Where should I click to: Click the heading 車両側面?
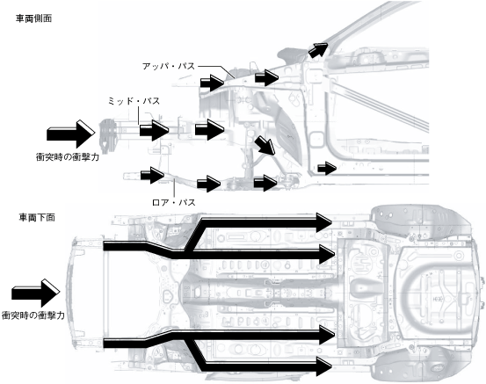[x=33, y=18]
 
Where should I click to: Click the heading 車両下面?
[x=37, y=218]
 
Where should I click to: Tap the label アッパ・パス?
[x=169, y=66]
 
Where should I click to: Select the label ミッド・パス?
[x=134, y=101]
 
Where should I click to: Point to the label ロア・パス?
[x=174, y=202]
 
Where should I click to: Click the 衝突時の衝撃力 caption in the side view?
[x=68, y=157]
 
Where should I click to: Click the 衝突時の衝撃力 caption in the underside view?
[x=33, y=315]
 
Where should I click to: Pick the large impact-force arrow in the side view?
[x=70, y=134]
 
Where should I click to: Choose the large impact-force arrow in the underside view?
[x=36, y=293]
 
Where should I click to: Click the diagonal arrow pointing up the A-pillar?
[x=318, y=49]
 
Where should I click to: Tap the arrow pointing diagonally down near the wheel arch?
[x=265, y=145]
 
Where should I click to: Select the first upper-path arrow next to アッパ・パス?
[x=212, y=83]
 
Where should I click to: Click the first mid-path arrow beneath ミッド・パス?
[x=154, y=130]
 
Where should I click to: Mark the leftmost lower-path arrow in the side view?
[x=152, y=175]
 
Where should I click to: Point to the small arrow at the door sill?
[x=327, y=169]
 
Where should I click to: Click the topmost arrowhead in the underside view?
[x=324, y=222]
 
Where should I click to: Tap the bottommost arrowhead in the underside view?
[x=324, y=366]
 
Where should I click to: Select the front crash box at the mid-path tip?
[x=107, y=136]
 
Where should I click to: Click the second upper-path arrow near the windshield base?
[x=266, y=77]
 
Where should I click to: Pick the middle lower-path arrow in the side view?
[x=208, y=184]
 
